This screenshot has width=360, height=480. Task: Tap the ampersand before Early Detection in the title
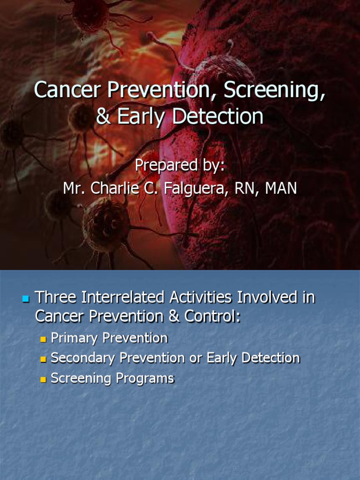105,117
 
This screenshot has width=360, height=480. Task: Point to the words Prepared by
180,165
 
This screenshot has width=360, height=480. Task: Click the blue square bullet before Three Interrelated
26,298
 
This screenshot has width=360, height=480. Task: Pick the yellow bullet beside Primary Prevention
44,339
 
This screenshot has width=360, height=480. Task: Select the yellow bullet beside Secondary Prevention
44,359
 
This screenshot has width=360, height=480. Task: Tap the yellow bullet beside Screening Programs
44,379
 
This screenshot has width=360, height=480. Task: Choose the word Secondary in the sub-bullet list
82,358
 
